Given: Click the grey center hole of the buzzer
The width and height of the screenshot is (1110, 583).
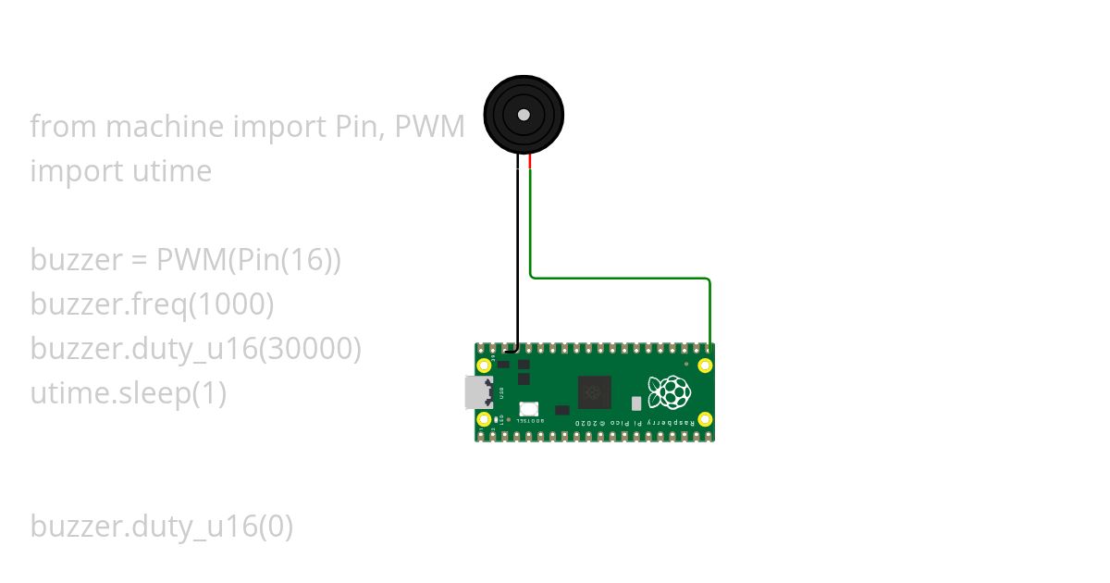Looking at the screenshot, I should click(524, 115).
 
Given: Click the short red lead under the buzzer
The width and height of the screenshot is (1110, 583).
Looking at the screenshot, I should click(530, 162).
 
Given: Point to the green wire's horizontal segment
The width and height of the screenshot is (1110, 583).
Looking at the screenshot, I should click(620, 278).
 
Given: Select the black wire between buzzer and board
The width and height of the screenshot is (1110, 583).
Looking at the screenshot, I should click(517, 259).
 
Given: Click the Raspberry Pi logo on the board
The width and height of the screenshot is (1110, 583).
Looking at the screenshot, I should click(669, 392).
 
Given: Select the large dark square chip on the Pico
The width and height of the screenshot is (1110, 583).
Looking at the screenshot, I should click(594, 392).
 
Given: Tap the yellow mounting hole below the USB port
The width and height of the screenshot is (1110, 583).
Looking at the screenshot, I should click(484, 420).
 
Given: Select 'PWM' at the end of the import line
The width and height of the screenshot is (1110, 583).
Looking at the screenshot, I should click(429, 127).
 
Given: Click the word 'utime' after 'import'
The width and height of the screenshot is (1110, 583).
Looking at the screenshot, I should click(170, 171).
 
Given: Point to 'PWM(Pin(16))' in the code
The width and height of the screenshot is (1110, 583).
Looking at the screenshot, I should click(249, 261).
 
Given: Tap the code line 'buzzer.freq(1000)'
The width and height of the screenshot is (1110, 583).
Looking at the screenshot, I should click(152, 304).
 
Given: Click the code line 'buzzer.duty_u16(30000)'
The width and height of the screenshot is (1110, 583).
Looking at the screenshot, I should click(195, 349).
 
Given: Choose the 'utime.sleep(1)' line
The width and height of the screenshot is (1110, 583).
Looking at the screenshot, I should click(128, 393).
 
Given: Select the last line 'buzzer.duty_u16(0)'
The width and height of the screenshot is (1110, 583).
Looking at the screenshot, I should click(161, 527).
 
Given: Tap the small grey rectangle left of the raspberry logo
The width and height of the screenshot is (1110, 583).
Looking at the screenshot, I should click(636, 403).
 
